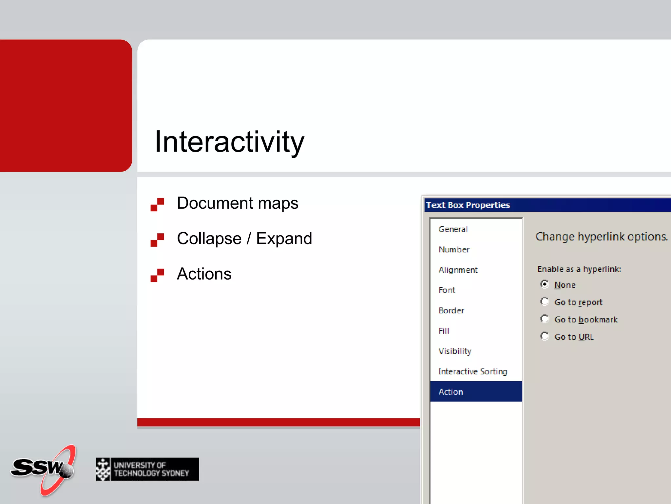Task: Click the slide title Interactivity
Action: pos(229,142)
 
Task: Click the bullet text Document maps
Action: pos(238,203)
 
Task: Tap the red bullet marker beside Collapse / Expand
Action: pos(157,240)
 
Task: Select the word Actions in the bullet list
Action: pos(204,274)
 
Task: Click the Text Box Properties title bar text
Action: pos(468,205)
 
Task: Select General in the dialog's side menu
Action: pos(453,229)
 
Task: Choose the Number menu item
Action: pos(454,250)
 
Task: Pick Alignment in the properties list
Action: pos(458,270)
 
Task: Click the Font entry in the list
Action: pos(447,290)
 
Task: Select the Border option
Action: pos(451,311)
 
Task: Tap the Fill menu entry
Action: pos(444,331)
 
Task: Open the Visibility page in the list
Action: pos(455,351)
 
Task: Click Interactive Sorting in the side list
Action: pos(473,372)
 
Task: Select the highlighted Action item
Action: pos(451,392)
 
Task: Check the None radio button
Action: pos(545,284)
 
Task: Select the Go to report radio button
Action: pos(545,302)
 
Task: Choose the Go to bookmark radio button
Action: pos(545,319)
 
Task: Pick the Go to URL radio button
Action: pos(545,336)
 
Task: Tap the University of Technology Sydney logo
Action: pos(147,469)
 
